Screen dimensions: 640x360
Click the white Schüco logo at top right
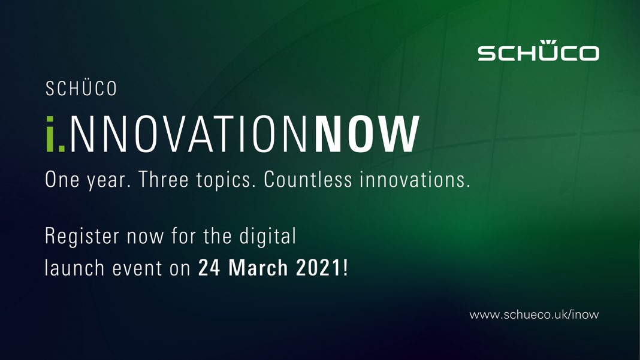tap(538, 50)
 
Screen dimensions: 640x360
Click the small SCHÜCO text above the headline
tap(81, 89)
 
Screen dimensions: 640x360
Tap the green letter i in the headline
tap(50, 134)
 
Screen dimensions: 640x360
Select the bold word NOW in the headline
tap(367, 134)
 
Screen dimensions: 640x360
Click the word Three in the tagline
tap(163, 179)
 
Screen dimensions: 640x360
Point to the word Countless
tap(308, 179)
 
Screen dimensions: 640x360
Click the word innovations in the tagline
tap(415, 179)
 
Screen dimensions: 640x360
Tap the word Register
tap(82, 237)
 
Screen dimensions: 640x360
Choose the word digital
tap(267, 237)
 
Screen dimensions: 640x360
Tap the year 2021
tap(319, 268)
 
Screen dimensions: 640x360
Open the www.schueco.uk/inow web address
tap(534, 314)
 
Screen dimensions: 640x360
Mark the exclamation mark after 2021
tap(346, 268)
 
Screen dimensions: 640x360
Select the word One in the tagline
tap(62, 179)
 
